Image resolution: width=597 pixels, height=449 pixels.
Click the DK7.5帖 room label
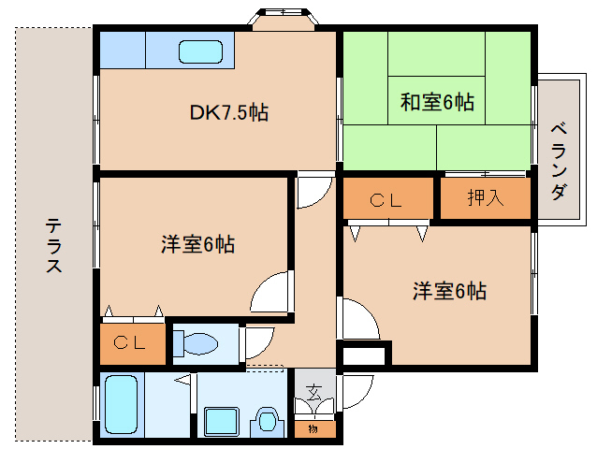click(229, 113)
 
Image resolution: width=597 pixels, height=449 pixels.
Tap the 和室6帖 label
click(437, 102)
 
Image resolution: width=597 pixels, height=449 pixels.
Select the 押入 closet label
click(485, 198)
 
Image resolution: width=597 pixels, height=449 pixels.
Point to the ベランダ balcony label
click(558, 159)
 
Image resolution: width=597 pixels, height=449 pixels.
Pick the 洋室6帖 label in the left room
click(197, 245)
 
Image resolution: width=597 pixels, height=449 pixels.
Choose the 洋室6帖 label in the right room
click(449, 291)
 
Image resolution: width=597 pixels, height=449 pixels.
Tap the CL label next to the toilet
click(130, 342)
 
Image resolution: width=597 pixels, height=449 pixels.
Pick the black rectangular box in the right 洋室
click(364, 355)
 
